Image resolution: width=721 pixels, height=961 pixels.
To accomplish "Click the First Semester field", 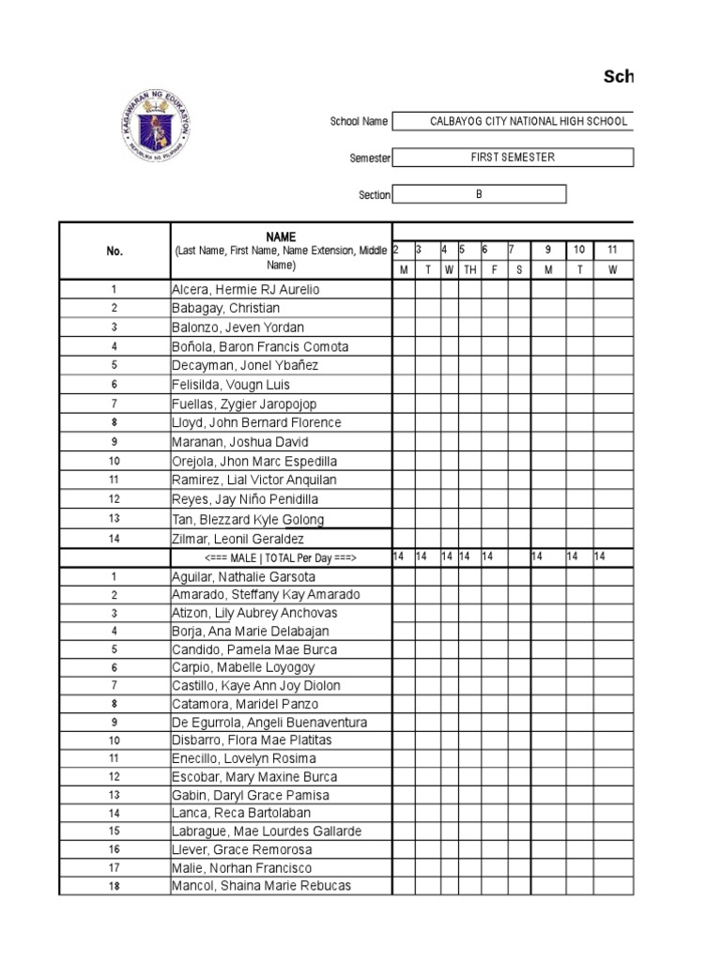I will point(513,158).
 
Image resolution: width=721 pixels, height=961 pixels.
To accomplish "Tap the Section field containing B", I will point(479,194).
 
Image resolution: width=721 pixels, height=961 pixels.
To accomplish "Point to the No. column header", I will point(114,252).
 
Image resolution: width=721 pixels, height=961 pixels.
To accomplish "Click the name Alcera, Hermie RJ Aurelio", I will point(246,290).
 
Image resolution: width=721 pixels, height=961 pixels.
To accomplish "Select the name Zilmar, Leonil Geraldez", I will point(238,539).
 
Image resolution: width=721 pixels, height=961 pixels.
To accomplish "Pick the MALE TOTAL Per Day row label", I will point(280,557).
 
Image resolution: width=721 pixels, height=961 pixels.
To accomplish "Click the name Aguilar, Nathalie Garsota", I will point(244,576).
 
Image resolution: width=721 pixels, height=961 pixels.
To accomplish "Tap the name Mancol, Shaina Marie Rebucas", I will point(253,886).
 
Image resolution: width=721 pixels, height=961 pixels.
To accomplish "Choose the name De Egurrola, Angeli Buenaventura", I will point(269,723).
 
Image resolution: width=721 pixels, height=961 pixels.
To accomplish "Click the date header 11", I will point(612,250).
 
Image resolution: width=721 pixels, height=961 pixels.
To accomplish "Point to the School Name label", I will point(359,122).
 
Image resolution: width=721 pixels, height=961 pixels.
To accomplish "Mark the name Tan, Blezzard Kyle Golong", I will point(248,520).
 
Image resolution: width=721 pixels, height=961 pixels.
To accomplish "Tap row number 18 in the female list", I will point(114,886).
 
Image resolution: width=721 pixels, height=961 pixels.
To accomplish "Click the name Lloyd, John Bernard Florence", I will point(256,423).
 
